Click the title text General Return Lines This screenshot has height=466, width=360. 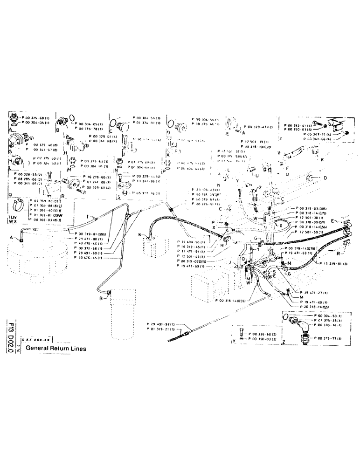[x=55, y=348]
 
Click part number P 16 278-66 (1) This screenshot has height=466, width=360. [x=97, y=178]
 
